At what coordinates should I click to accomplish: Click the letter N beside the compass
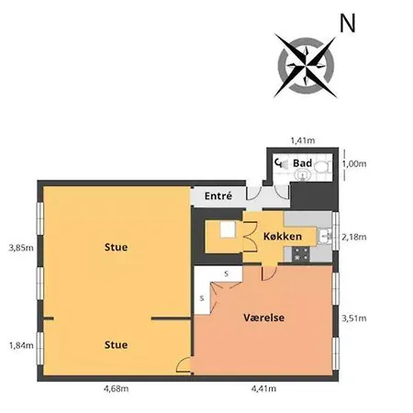348,23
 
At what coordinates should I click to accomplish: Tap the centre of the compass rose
306,66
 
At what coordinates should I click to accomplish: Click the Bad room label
303,163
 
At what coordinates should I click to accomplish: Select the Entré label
218,195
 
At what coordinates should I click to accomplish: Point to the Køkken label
283,236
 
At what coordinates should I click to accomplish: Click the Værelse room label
264,318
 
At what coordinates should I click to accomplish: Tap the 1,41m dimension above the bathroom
303,140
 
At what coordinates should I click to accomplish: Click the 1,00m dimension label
354,163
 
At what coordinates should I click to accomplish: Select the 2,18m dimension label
354,237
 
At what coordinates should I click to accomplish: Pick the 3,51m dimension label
354,318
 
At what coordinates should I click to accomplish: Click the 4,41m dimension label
263,388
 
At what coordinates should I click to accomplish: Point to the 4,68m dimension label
116,388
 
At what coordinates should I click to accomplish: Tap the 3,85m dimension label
21,248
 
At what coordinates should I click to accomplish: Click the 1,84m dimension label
21,346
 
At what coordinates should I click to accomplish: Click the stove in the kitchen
301,254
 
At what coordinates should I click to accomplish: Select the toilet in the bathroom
322,167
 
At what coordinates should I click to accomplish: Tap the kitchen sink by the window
325,237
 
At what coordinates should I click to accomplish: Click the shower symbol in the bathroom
282,163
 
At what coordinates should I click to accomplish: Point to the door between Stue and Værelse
184,365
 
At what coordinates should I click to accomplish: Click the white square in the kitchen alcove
228,229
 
